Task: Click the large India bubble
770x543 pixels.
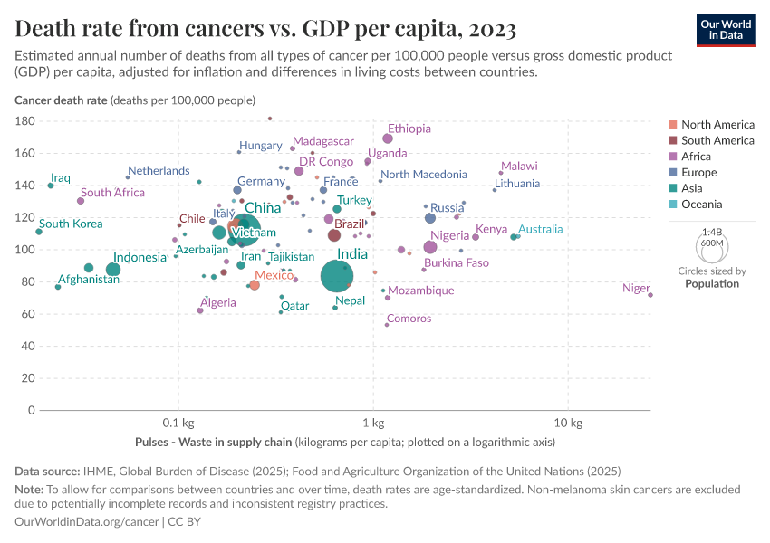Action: click(336, 276)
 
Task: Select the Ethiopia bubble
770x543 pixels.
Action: click(388, 138)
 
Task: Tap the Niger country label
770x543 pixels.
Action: click(636, 289)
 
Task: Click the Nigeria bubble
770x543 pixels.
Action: click(430, 247)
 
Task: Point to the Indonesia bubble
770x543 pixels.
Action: click(113, 269)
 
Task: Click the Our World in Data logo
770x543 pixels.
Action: click(726, 30)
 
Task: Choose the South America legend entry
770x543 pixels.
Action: click(717, 140)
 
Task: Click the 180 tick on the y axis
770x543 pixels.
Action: click(24, 121)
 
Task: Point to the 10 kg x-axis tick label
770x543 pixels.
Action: click(567, 423)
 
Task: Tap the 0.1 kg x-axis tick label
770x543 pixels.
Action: click(178, 423)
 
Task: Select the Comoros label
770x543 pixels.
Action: click(409, 319)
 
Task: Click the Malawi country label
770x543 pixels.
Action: click(519, 167)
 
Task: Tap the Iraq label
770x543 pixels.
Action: click(61, 178)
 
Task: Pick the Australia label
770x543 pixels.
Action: click(540, 229)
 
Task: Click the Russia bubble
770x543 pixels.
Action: click(430, 218)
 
